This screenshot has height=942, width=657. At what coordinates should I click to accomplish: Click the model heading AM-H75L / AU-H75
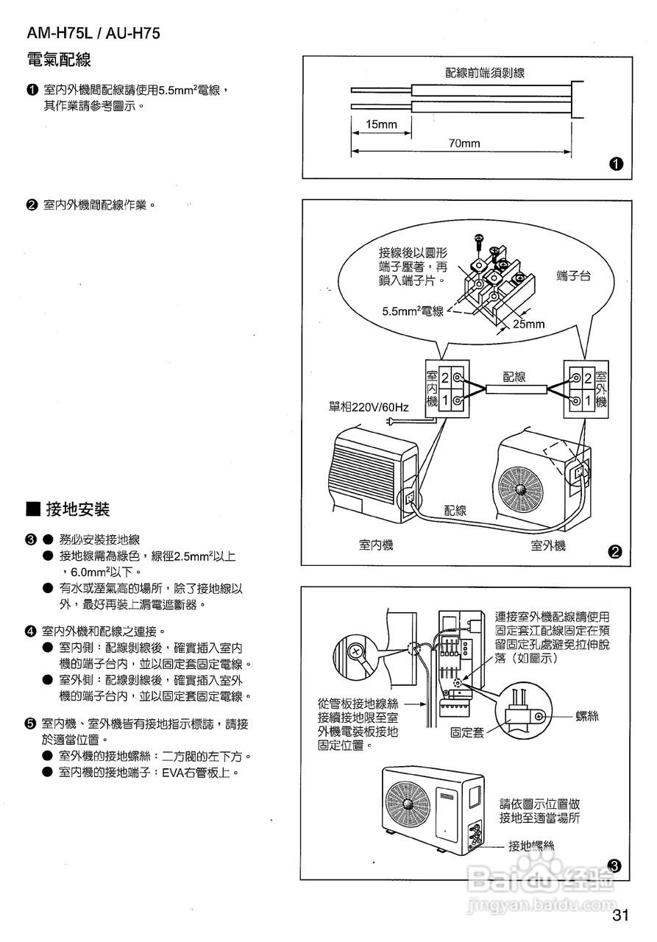tap(93, 33)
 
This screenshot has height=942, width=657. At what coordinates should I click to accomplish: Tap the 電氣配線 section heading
tap(58, 60)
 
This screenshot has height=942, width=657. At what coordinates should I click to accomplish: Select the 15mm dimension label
tap(381, 125)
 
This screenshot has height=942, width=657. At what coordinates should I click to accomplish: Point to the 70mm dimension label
tap(464, 144)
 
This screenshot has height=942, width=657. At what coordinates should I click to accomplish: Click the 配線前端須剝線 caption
tap(484, 73)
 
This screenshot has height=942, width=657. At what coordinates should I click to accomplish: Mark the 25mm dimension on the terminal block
tap(529, 324)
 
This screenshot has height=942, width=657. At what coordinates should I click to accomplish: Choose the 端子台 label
tap(574, 276)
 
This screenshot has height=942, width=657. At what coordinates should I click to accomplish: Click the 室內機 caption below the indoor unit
tap(376, 545)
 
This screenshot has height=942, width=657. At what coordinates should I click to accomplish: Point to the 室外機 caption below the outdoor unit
tap(548, 545)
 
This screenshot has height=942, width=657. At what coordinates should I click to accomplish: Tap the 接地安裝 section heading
tap(77, 509)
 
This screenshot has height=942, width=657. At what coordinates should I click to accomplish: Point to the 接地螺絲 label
tap(531, 846)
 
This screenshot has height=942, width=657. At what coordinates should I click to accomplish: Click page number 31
tap(619, 916)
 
